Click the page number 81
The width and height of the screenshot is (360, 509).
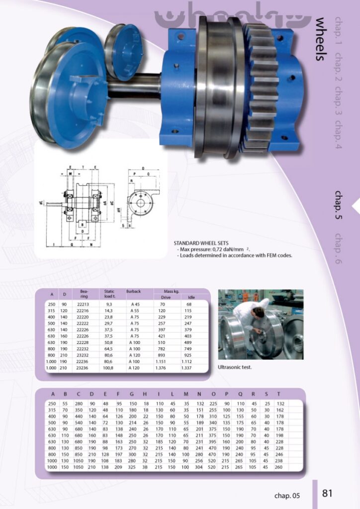pos(327,493)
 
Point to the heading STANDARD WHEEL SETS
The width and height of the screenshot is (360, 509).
pos(201,244)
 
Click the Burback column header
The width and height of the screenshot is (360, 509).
pos(134,291)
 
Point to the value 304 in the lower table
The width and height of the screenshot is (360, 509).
pos(199,467)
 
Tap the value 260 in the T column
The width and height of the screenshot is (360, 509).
pos(278,467)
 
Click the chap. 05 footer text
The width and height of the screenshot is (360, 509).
pos(287,495)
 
